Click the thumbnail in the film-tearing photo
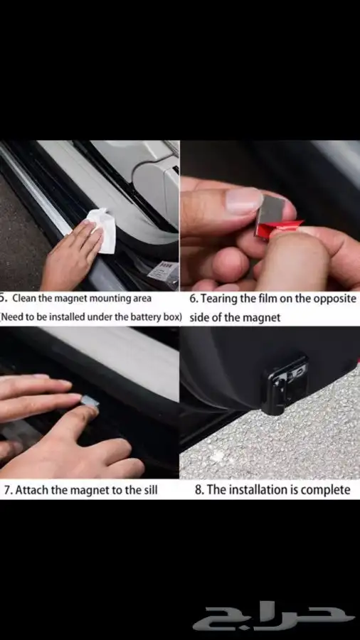click(244, 201)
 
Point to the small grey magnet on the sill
click(90, 401)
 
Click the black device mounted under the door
click(284, 384)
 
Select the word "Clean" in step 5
click(23, 299)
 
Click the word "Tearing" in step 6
click(220, 299)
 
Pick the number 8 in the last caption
click(198, 490)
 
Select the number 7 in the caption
click(8, 490)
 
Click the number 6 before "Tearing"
click(194, 299)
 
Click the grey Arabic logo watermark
click(274, 618)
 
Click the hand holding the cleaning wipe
click(71, 256)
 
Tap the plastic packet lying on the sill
click(163, 270)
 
